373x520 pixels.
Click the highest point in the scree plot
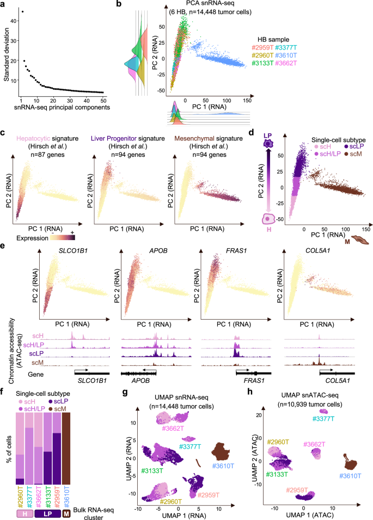click(22, 11)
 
